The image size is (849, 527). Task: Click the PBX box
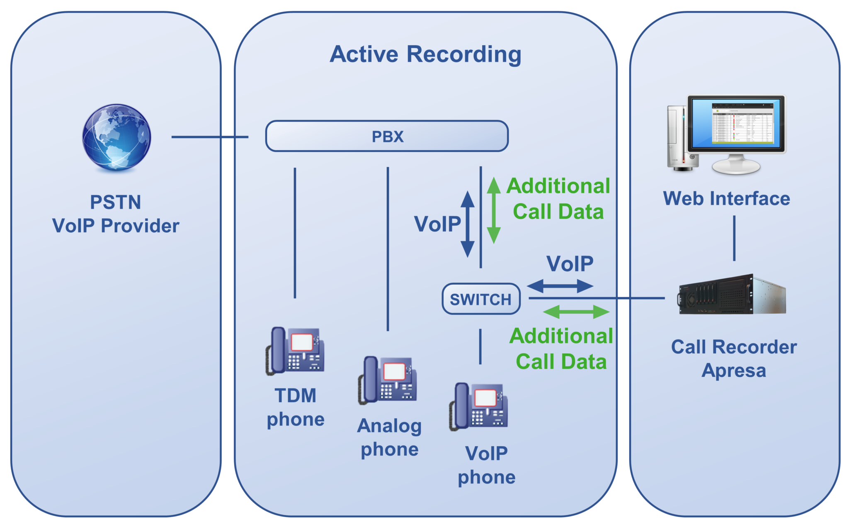pyautogui.click(x=387, y=136)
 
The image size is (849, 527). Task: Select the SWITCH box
pyautogui.click(x=481, y=299)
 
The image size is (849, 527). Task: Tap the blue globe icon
pyautogui.click(x=116, y=137)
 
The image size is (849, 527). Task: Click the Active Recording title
pyautogui.click(x=425, y=54)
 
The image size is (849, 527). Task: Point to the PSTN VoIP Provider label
pyautogui.click(x=116, y=214)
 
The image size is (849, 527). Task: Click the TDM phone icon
pyautogui.click(x=295, y=351)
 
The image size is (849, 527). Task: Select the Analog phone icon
pyautogui.click(x=388, y=380)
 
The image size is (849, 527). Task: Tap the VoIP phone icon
pyautogui.click(x=479, y=407)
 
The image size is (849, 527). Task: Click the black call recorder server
pyautogui.click(x=732, y=294)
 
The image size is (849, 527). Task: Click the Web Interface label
pyautogui.click(x=727, y=198)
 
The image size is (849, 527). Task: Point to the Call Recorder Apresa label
pyautogui.click(x=734, y=359)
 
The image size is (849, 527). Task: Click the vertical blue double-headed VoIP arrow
pyautogui.click(x=468, y=224)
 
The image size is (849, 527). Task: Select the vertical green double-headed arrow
pyautogui.click(x=493, y=210)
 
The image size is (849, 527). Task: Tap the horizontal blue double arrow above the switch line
pyautogui.click(x=560, y=286)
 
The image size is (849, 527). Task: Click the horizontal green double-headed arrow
pyautogui.click(x=576, y=312)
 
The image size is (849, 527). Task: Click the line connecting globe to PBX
pyautogui.click(x=210, y=137)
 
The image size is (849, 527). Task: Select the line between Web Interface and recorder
pyautogui.click(x=734, y=238)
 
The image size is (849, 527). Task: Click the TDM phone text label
pyautogui.click(x=296, y=407)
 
